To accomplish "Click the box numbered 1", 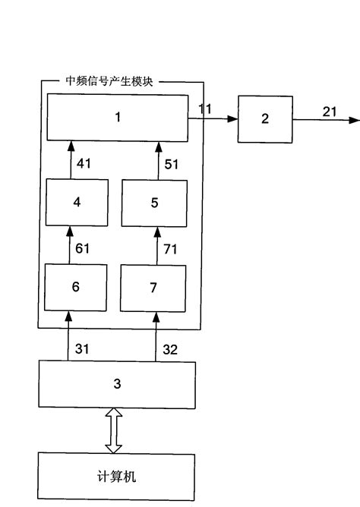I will point(117,118).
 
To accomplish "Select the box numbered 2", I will point(264,119).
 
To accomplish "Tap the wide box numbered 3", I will point(117,385).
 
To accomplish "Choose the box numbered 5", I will point(154,203).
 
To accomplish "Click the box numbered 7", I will point(154,287).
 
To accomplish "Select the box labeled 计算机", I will point(116,477).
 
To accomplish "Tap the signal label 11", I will point(205,109).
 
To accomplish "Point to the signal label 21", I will point(329,112).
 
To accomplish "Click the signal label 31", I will point(82,348).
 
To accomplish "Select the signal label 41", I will point(84,162).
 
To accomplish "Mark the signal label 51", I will point(172,162).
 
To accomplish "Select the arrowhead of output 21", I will point(355,120).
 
